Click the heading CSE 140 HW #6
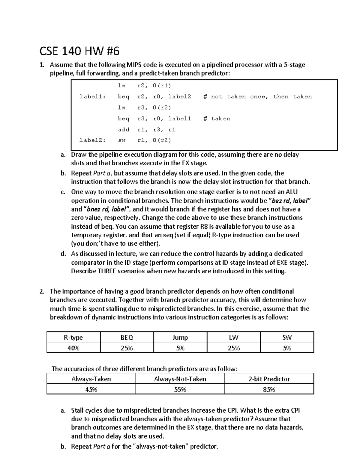(x=79, y=51)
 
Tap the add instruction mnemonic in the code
(x=123, y=130)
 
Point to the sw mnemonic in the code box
(x=121, y=140)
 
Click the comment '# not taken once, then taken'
(x=257, y=97)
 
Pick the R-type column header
(x=73, y=337)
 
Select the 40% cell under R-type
(x=73, y=348)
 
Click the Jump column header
(x=180, y=337)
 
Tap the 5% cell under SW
(x=287, y=348)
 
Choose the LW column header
(x=233, y=337)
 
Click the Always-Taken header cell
(x=91, y=379)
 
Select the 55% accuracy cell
(x=180, y=389)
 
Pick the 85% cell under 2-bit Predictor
(x=269, y=389)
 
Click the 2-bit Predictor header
(x=269, y=379)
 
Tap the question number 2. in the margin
(x=42, y=291)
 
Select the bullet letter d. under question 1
(x=63, y=254)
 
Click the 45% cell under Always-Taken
(x=91, y=389)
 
